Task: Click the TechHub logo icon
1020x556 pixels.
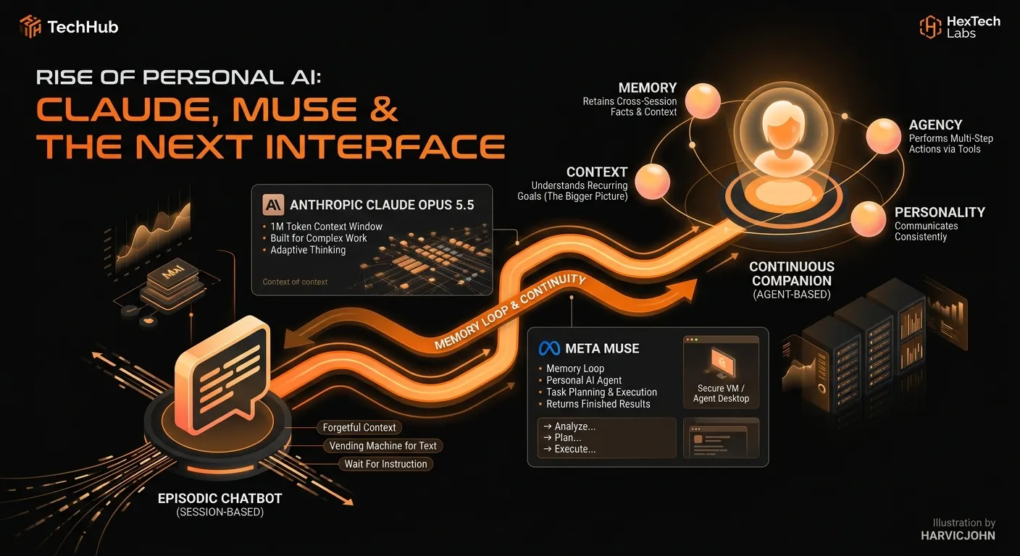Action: [30, 26]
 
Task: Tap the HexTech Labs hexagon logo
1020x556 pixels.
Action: [930, 27]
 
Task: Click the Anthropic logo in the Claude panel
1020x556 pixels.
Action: [273, 205]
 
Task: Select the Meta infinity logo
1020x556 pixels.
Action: [549, 348]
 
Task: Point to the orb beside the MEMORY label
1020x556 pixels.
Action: [703, 101]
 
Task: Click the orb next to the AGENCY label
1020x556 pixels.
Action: [883, 136]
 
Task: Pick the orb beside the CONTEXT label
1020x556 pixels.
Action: [652, 181]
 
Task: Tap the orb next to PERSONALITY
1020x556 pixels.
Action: [868, 219]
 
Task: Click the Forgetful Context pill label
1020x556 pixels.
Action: [359, 428]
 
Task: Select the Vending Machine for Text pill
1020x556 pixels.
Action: [383, 446]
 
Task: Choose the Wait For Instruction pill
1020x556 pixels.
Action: [385, 464]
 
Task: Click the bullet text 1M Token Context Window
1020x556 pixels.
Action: [327, 227]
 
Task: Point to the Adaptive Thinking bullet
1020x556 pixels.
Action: [308, 250]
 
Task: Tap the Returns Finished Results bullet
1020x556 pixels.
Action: [598, 404]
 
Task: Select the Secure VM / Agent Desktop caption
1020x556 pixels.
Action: [721, 394]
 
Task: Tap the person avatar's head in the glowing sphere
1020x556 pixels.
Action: [783, 122]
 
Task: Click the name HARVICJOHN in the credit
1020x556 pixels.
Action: [958, 536]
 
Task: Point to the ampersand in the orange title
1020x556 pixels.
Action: [384, 109]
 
